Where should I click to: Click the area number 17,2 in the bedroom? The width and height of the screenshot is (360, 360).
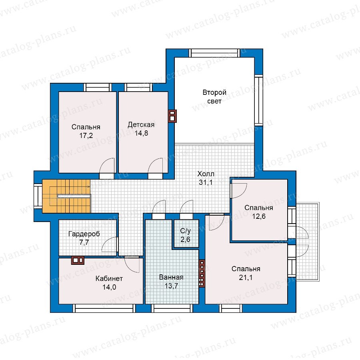click(x=86, y=136)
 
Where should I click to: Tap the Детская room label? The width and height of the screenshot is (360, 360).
click(x=141, y=125)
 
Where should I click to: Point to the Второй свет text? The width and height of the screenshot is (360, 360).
click(x=214, y=97)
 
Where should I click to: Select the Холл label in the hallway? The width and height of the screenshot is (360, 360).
click(x=206, y=174)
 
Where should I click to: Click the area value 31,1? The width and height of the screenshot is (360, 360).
click(x=206, y=182)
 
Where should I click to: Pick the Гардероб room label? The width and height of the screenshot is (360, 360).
click(x=84, y=234)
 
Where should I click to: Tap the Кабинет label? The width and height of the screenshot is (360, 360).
click(x=109, y=278)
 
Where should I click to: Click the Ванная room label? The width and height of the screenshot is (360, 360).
click(x=171, y=277)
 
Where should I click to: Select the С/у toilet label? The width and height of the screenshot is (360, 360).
click(x=185, y=231)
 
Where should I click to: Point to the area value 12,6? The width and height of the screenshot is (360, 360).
click(x=259, y=216)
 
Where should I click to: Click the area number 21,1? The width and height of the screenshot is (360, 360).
click(x=246, y=278)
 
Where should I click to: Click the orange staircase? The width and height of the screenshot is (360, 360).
click(x=66, y=196)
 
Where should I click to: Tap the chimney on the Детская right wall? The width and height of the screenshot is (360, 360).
click(x=172, y=116)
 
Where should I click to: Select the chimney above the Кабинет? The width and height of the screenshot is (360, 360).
click(x=78, y=260)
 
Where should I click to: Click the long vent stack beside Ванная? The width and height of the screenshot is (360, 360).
click(x=202, y=273)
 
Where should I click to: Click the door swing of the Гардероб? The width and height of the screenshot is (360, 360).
click(x=109, y=244)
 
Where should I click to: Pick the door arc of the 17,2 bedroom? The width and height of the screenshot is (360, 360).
click(x=106, y=166)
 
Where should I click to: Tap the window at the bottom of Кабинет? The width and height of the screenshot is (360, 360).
click(x=104, y=308)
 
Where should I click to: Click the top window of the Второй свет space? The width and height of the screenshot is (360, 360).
click(x=214, y=53)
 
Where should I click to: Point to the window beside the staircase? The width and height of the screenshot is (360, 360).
click(x=38, y=196)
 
